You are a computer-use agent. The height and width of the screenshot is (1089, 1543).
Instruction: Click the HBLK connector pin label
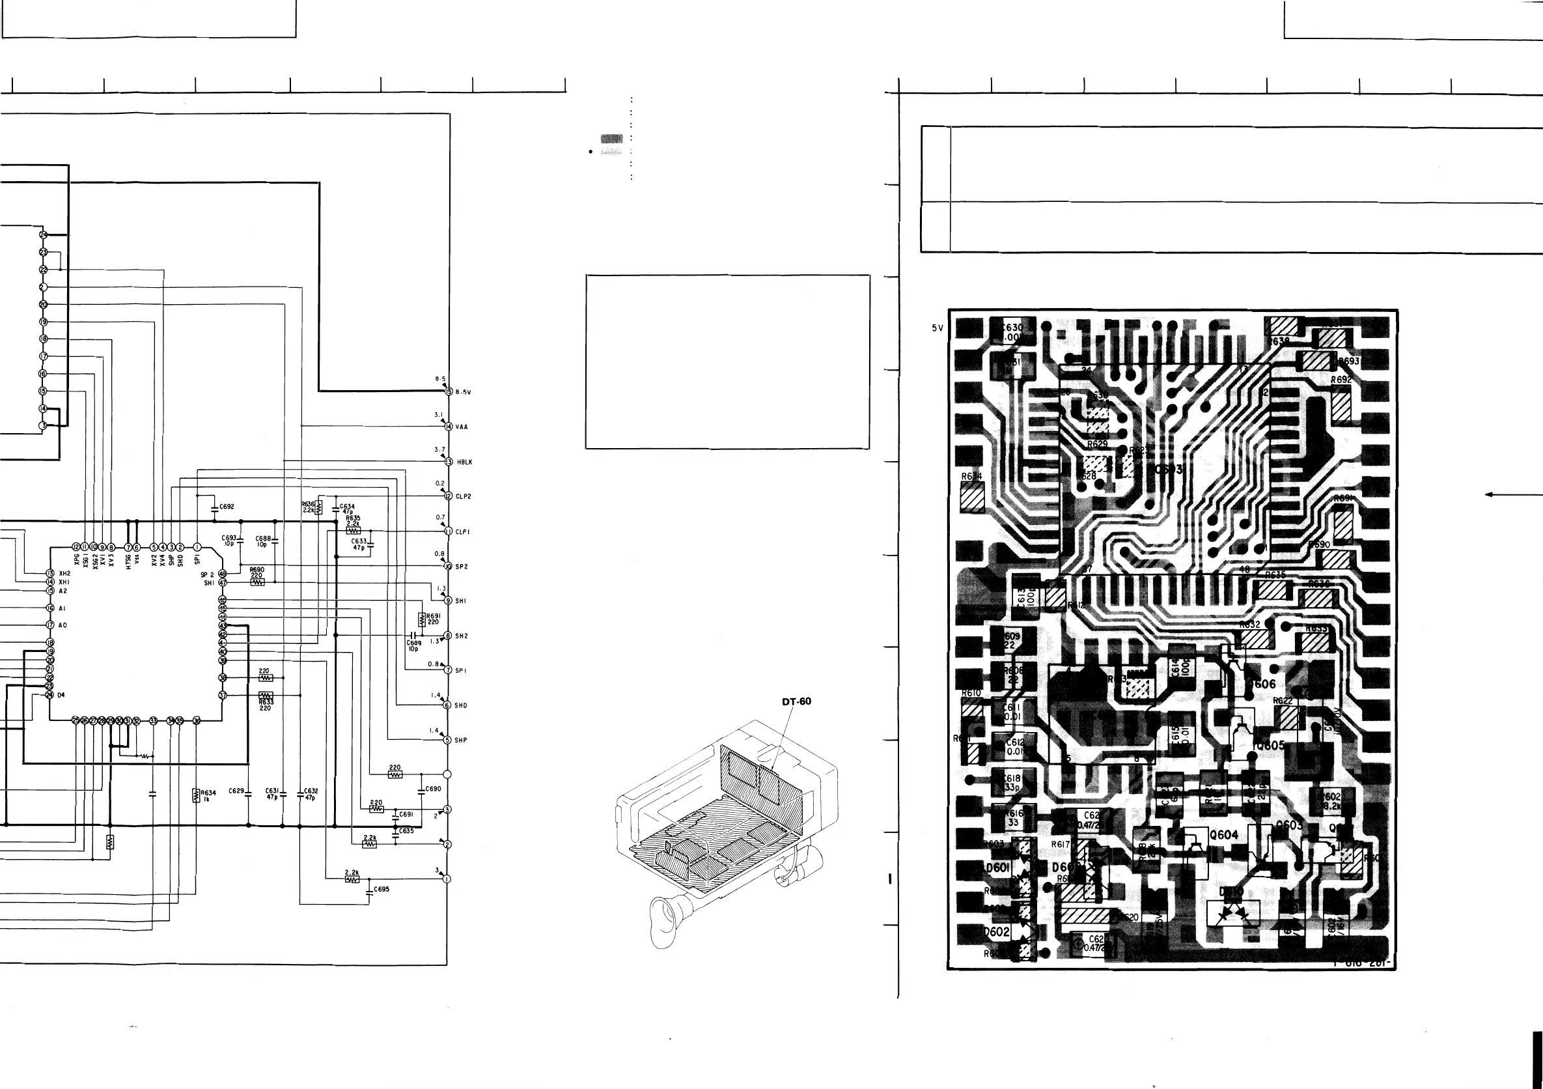tap(464, 462)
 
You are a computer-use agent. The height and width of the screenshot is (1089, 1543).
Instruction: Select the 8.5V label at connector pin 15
tap(463, 392)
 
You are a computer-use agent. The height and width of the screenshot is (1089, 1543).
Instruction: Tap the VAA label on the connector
tap(462, 427)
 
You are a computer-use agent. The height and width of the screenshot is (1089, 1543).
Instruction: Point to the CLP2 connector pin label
tap(463, 497)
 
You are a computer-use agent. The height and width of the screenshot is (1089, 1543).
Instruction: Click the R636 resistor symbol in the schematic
tap(320, 506)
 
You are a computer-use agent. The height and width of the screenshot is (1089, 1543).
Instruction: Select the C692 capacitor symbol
tap(213, 507)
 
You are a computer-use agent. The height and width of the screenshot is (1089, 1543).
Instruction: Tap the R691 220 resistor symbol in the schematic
tap(421, 619)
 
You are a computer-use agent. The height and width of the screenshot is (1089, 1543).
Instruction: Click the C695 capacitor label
tap(381, 888)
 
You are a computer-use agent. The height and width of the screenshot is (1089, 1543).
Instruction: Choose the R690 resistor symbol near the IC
tap(257, 582)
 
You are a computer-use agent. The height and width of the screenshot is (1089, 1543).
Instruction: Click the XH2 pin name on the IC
tap(64, 573)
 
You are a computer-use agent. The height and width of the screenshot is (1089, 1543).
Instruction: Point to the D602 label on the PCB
tap(996, 931)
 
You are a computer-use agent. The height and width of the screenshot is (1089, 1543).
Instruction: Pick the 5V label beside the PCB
tap(938, 328)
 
